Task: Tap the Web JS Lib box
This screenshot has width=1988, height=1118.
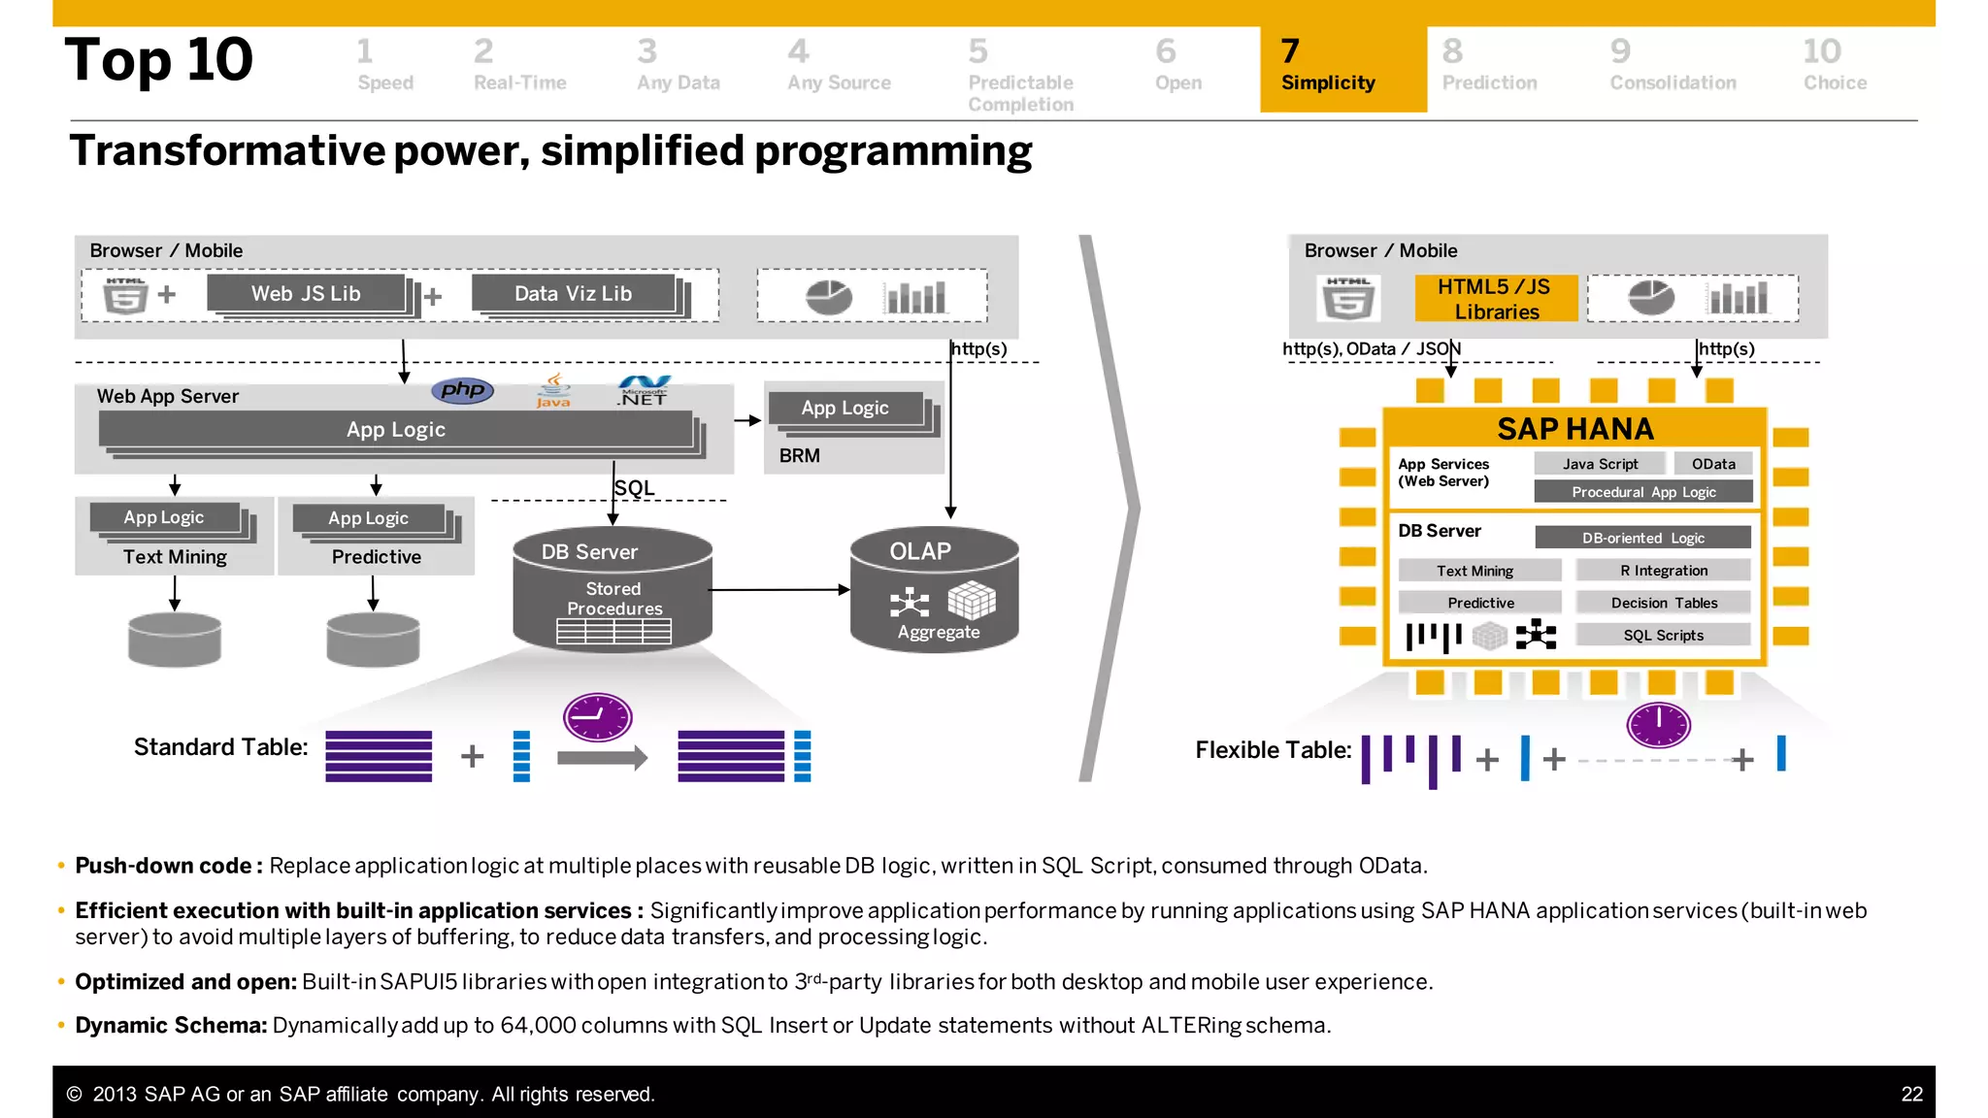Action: click(306, 293)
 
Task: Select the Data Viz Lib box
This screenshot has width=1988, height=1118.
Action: click(573, 293)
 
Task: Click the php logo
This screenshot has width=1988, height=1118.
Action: click(463, 390)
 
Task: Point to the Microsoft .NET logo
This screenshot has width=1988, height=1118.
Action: click(645, 391)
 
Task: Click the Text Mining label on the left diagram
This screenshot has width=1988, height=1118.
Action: click(175, 557)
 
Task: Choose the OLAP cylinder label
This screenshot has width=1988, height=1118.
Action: click(920, 551)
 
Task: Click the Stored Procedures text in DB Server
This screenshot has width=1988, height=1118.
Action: click(613, 599)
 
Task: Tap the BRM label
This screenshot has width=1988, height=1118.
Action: click(799, 456)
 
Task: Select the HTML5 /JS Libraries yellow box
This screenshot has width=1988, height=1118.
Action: click(1496, 299)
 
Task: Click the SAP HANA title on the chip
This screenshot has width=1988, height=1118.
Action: click(1574, 429)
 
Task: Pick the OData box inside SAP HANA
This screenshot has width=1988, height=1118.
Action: click(1713, 464)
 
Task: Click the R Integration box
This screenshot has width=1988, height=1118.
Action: click(1663, 571)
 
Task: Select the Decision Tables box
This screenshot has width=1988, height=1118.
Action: click(1664, 603)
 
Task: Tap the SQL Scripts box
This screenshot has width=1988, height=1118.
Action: click(1663, 636)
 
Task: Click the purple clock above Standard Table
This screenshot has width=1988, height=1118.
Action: click(598, 718)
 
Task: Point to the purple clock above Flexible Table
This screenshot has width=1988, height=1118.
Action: click(1658, 724)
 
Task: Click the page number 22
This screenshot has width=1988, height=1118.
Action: click(1910, 1095)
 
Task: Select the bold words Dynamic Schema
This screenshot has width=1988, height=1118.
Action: click(171, 1026)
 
